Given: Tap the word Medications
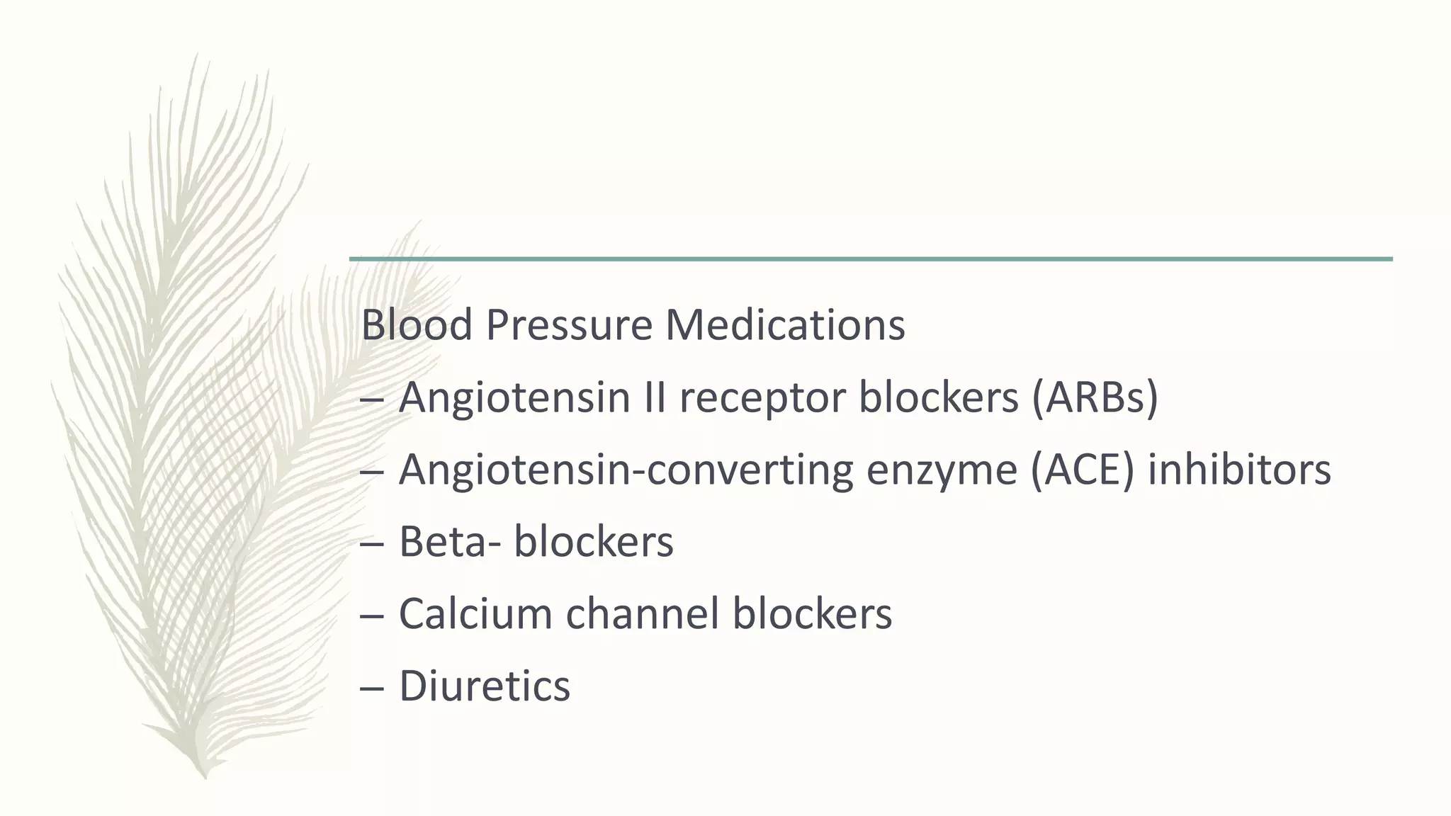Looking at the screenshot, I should tap(785, 325).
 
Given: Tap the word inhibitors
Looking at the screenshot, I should tap(1239, 470).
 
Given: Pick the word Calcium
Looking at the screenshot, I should tap(475, 613).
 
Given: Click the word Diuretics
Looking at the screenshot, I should tap(485, 686).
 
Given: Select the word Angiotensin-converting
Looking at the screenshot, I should tap(626, 471).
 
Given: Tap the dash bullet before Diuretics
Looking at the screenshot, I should tap(371, 687).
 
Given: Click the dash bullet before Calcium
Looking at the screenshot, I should tap(371, 615).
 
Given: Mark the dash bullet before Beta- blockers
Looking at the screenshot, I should tap(371, 543).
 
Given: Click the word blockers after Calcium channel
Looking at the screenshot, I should tap(812, 613).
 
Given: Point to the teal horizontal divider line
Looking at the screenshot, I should tap(871, 259).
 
